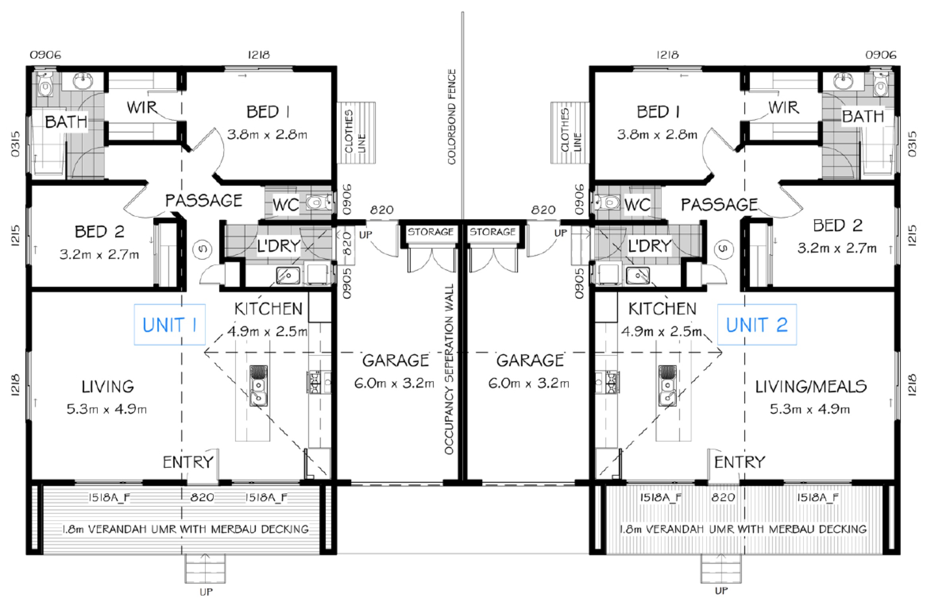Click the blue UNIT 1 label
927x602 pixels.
[170, 325]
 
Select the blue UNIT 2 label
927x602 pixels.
[757, 325]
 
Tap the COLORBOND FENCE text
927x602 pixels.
[452, 117]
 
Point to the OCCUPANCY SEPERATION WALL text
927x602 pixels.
[449, 369]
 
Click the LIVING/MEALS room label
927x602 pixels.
[811, 386]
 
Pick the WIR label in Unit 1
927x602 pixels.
[142, 107]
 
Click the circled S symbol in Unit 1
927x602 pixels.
[202, 249]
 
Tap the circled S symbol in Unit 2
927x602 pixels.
[724, 249]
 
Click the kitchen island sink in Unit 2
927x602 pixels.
[668, 386]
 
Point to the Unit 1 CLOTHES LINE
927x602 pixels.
[356, 133]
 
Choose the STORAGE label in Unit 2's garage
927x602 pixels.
[492, 232]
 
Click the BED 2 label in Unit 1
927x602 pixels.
[99, 232]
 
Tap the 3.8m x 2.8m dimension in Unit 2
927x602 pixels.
[657, 135]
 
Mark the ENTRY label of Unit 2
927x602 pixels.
[740, 462]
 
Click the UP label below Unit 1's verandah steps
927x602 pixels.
[206, 592]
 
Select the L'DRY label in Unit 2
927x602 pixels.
[649, 246]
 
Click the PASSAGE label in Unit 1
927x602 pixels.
[204, 201]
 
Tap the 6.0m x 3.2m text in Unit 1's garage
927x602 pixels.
[394, 383]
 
